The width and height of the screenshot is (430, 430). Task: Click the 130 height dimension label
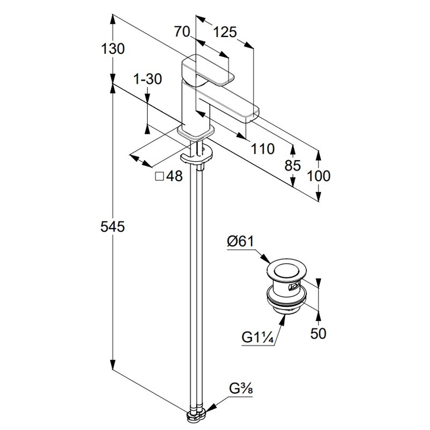click(x=113, y=49)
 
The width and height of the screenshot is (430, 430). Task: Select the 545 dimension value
click(x=113, y=227)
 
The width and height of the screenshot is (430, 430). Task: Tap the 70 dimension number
click(x=183, y=32)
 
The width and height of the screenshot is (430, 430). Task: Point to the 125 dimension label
click(x=225, y=32)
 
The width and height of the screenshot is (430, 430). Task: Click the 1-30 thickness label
click(x=147, y=80)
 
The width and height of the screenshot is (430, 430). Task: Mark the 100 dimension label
click(x=319, y=176)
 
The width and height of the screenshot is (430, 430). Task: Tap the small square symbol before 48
click(x=159, y=176)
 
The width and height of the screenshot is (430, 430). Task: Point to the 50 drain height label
click(x=319, y=333)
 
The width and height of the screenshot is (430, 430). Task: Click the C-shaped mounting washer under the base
click(x=197, y=157)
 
